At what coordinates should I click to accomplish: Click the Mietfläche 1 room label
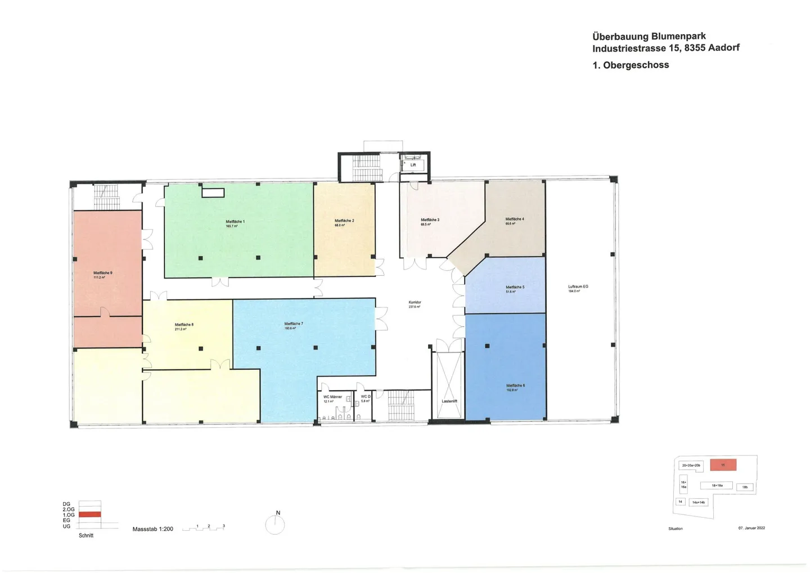(x=235, y=222)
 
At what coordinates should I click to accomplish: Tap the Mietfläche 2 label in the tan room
(x=344, y=221)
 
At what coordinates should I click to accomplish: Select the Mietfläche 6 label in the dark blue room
(x=515, y=386)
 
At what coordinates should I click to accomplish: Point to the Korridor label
(x=415, y=302)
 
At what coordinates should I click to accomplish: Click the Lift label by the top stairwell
(x=413, y=165)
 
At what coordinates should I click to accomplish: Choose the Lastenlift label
(x=449, y=401)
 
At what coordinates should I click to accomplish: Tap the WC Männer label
(x=332, y=397)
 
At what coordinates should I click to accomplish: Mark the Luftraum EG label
(x=578, y=286)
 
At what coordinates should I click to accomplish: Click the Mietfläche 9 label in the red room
(x=103, y=273)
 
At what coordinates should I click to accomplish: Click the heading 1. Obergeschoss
(x=631, y=65)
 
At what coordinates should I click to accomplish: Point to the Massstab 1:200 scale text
(x=153, y=529)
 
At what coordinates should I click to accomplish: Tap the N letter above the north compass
(x=278, y=513)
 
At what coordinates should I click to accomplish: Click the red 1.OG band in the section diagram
(x=89, y=514)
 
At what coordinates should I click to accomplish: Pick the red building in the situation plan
(x=723, y=465)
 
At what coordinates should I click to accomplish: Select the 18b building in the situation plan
(x=745, y=487)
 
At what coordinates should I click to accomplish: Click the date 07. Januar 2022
(x=751, y=528)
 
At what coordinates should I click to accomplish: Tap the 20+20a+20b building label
(x=691, y=465)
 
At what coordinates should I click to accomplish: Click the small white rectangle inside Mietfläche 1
(x=213, y=193)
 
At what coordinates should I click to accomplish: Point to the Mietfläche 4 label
(x=515, y=219)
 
